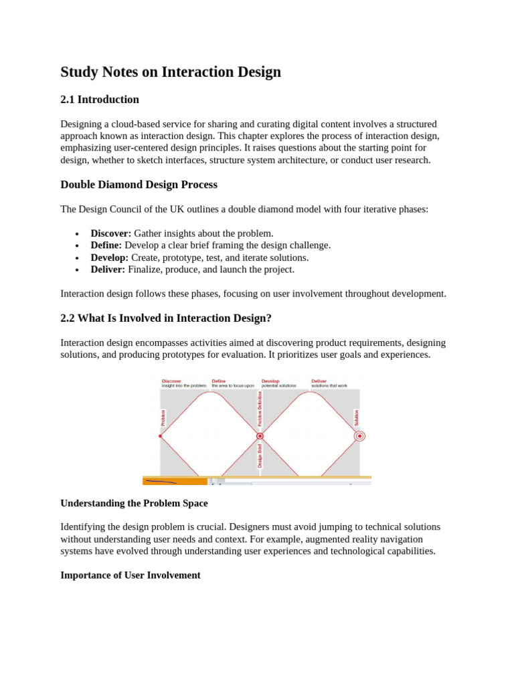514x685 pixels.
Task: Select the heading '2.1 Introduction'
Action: (x=100, y=100)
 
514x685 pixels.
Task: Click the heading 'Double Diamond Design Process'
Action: (x=139, y=185)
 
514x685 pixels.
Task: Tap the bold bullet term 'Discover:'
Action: (x=111, y=233)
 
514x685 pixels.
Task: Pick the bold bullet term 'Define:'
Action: (x=106, y=246)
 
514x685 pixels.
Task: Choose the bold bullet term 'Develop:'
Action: (x=110, y=258)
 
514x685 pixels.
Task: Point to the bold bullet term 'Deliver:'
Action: (x=108, y=270)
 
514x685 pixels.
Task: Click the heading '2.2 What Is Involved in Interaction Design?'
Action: (x=166, y=318)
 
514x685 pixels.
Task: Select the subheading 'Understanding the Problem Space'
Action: (x=134, y=503)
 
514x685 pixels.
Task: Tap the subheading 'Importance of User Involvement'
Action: (x=131, y=575)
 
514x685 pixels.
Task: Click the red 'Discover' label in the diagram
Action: (x=171, y=381)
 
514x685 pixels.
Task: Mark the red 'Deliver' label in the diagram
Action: (x=319, y=381)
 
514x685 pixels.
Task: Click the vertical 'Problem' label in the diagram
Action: (x=163, y=418)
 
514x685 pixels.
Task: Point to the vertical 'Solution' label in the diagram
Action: (x=357, y=417)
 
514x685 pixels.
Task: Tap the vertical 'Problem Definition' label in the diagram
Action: (x=260, y=409)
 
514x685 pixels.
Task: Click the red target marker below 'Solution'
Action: (x=359, y=436)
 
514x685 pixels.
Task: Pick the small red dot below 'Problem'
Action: (x=161, y=436)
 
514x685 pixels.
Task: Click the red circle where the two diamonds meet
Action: (x=260, y=436)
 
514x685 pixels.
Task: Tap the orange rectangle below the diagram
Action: (x=175, y=481)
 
